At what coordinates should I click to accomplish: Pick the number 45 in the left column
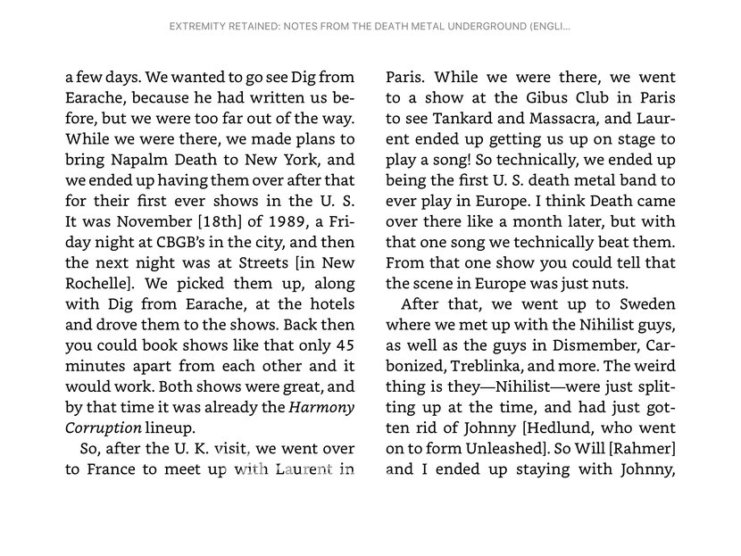point(344,344)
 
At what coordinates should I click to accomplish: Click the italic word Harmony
point(321,407)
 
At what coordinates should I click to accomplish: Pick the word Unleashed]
point(519,448)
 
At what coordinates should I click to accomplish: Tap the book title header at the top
point(370,26)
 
